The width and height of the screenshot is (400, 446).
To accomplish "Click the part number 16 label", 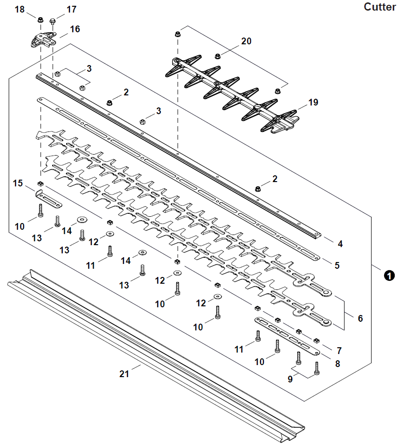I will [x=75, y=29].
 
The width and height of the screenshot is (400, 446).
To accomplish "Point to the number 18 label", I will [x=19, y=9].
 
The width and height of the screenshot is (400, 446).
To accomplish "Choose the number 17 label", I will [x=71, y=9].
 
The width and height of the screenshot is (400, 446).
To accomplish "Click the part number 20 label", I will [x=246, y=41].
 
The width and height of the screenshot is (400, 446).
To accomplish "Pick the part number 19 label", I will [x=314, y=102].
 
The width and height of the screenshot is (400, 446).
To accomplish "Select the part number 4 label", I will [x=340, y=244].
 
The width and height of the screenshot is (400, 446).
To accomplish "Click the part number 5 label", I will [x=337, y=265].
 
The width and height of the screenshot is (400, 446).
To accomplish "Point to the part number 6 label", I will [x=360, y=318].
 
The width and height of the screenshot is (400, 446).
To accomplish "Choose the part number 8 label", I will [x=338, y=364].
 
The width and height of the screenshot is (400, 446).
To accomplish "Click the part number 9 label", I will [x=290, y=379].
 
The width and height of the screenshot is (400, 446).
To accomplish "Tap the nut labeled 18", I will [x=41, y=20].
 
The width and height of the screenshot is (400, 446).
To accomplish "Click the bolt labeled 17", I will [x=53, y=21].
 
